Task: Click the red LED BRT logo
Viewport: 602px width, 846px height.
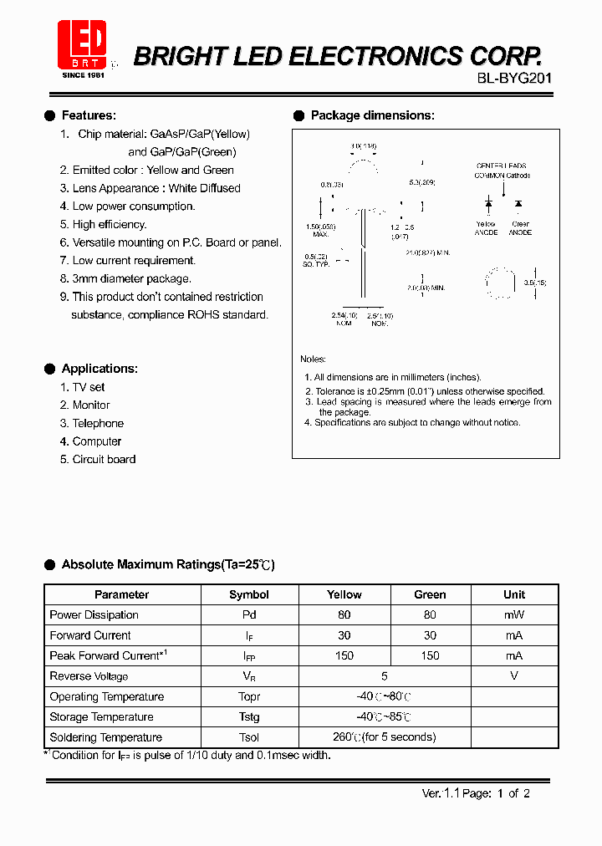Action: point(82,43)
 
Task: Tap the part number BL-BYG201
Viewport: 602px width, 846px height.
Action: point(503,79)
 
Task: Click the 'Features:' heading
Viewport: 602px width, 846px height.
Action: point(89,115)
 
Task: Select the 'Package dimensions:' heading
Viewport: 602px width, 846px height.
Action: point(372,115)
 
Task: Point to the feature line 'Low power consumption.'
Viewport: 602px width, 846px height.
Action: point(133,206)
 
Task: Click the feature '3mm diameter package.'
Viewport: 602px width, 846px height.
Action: point(131,278)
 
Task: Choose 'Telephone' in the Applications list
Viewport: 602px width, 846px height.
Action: point(98,423)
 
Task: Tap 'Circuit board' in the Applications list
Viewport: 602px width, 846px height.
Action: point(104,459)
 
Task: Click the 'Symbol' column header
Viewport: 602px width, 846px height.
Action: point(249,594)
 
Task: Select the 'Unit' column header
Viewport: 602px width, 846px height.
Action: point(514,594)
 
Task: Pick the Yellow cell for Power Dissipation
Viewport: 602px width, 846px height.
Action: point(344,614)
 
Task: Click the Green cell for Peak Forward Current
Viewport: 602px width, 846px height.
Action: point(430,655)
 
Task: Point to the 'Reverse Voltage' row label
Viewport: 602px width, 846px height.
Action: point(89,676)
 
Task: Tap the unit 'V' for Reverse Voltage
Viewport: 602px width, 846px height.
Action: point(514,676)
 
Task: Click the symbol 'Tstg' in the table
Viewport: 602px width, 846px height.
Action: point(249,716)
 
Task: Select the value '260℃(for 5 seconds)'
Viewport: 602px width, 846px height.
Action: point(385,737)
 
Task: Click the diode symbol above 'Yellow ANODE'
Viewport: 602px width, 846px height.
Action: point(488,203)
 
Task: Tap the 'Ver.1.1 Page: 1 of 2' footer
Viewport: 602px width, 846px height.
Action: point(476,794)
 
